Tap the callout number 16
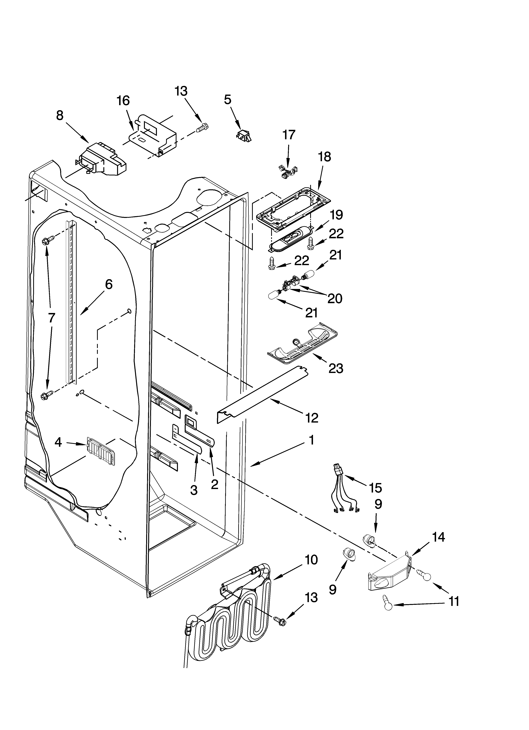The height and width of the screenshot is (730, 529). (x=123, y=101)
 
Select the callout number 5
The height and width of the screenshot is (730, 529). (x=228, y=100)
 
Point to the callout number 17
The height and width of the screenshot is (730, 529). (x=289, y=135)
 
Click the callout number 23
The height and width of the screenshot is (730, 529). (x=336, y=369)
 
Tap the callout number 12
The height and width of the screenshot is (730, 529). (x=312, y=418)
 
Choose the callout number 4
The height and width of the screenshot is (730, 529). (x=58, y=443)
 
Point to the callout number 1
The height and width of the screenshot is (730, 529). (x=311, y=440)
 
